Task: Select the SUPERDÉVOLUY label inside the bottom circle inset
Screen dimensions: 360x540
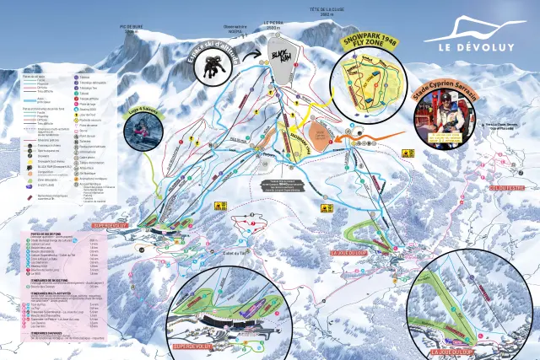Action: click(193, 345)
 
